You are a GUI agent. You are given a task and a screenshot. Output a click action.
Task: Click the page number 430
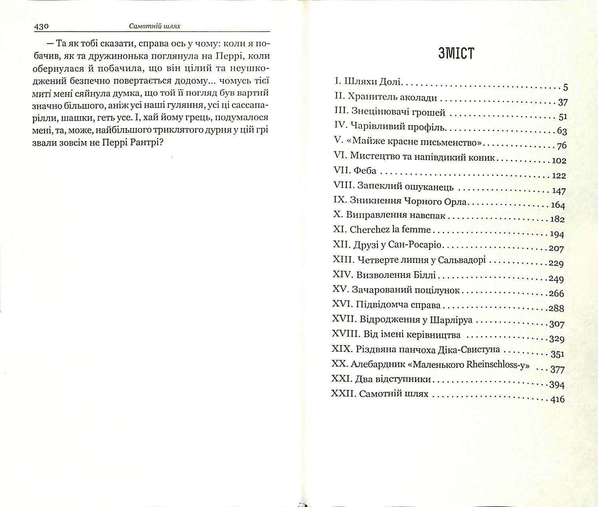42,26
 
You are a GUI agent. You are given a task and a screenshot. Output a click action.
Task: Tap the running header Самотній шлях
155,26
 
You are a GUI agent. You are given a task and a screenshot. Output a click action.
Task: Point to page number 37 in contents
562,102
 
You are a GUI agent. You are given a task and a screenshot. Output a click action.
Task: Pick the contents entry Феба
365,171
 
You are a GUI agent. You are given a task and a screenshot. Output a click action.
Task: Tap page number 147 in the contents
559,191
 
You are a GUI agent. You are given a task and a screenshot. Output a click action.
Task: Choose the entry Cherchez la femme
390,230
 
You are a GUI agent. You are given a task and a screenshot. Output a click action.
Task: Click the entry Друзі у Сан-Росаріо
397,245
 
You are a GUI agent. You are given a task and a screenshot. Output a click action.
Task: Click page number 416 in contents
557,399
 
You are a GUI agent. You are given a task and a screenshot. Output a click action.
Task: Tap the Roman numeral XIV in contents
342,275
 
